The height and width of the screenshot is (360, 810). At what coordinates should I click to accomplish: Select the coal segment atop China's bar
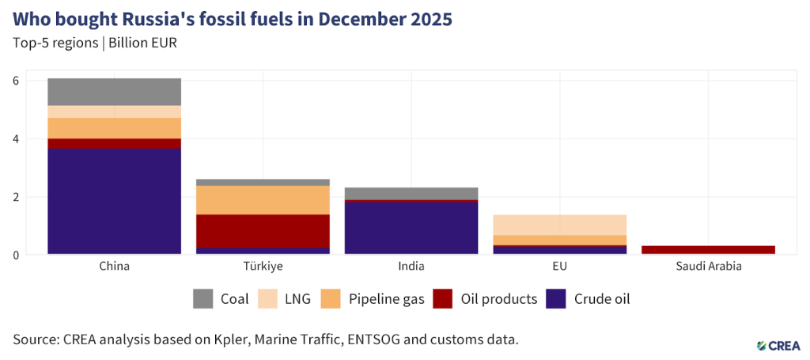114,92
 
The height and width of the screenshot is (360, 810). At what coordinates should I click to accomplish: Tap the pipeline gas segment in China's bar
114,128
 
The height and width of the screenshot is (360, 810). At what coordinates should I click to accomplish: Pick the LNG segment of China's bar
114,112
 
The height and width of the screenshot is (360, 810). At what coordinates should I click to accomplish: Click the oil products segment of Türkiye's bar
263,231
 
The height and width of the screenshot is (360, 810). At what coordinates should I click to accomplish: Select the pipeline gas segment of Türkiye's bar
263,200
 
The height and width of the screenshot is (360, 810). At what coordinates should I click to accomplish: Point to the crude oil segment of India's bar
411,228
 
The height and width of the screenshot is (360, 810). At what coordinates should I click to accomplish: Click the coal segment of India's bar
411,194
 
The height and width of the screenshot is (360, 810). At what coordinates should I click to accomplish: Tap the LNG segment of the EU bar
559,225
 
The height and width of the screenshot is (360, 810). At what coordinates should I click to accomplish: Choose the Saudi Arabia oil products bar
708,250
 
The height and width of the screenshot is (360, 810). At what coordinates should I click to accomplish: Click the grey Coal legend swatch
203,299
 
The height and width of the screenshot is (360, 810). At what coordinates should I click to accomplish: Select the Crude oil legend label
601,299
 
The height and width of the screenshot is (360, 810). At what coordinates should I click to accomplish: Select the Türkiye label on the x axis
263,267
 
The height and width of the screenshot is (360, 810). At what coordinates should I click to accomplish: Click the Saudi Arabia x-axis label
708,267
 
